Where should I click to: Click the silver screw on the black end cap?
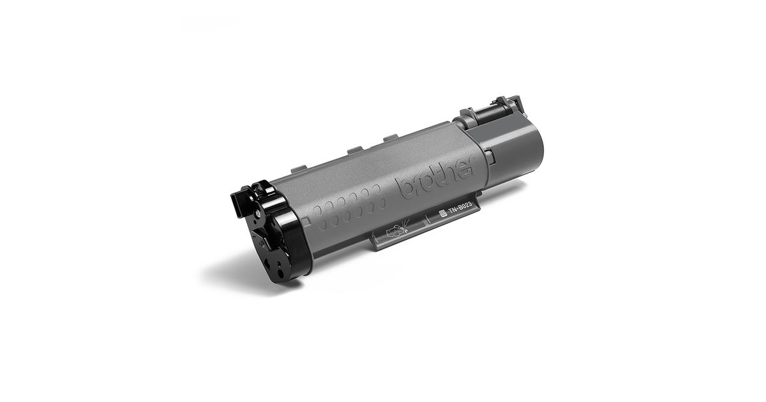tap(257, 213)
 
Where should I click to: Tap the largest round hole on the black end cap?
tap(280, 274)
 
